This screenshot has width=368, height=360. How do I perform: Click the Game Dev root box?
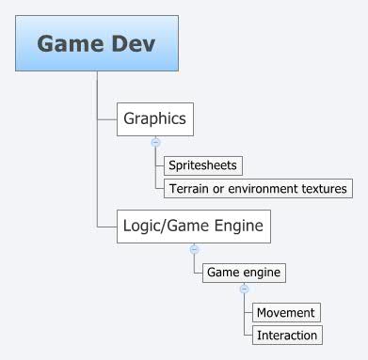point(97,43)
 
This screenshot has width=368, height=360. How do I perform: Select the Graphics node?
point(154,119)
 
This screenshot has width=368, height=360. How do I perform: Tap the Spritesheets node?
point(202,165)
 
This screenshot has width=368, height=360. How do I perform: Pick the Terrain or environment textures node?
point(258,189)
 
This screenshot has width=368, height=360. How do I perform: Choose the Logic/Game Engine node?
point(195,226)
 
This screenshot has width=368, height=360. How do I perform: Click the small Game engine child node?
point(244,273)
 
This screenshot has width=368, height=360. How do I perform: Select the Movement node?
point(287,312)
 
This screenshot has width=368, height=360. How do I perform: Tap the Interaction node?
point(287,335)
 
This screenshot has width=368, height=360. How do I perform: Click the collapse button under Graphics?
point(155,143)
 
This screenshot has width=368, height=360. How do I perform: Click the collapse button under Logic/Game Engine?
point(195,249)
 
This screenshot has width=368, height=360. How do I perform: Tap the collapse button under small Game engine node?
point(244,290)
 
